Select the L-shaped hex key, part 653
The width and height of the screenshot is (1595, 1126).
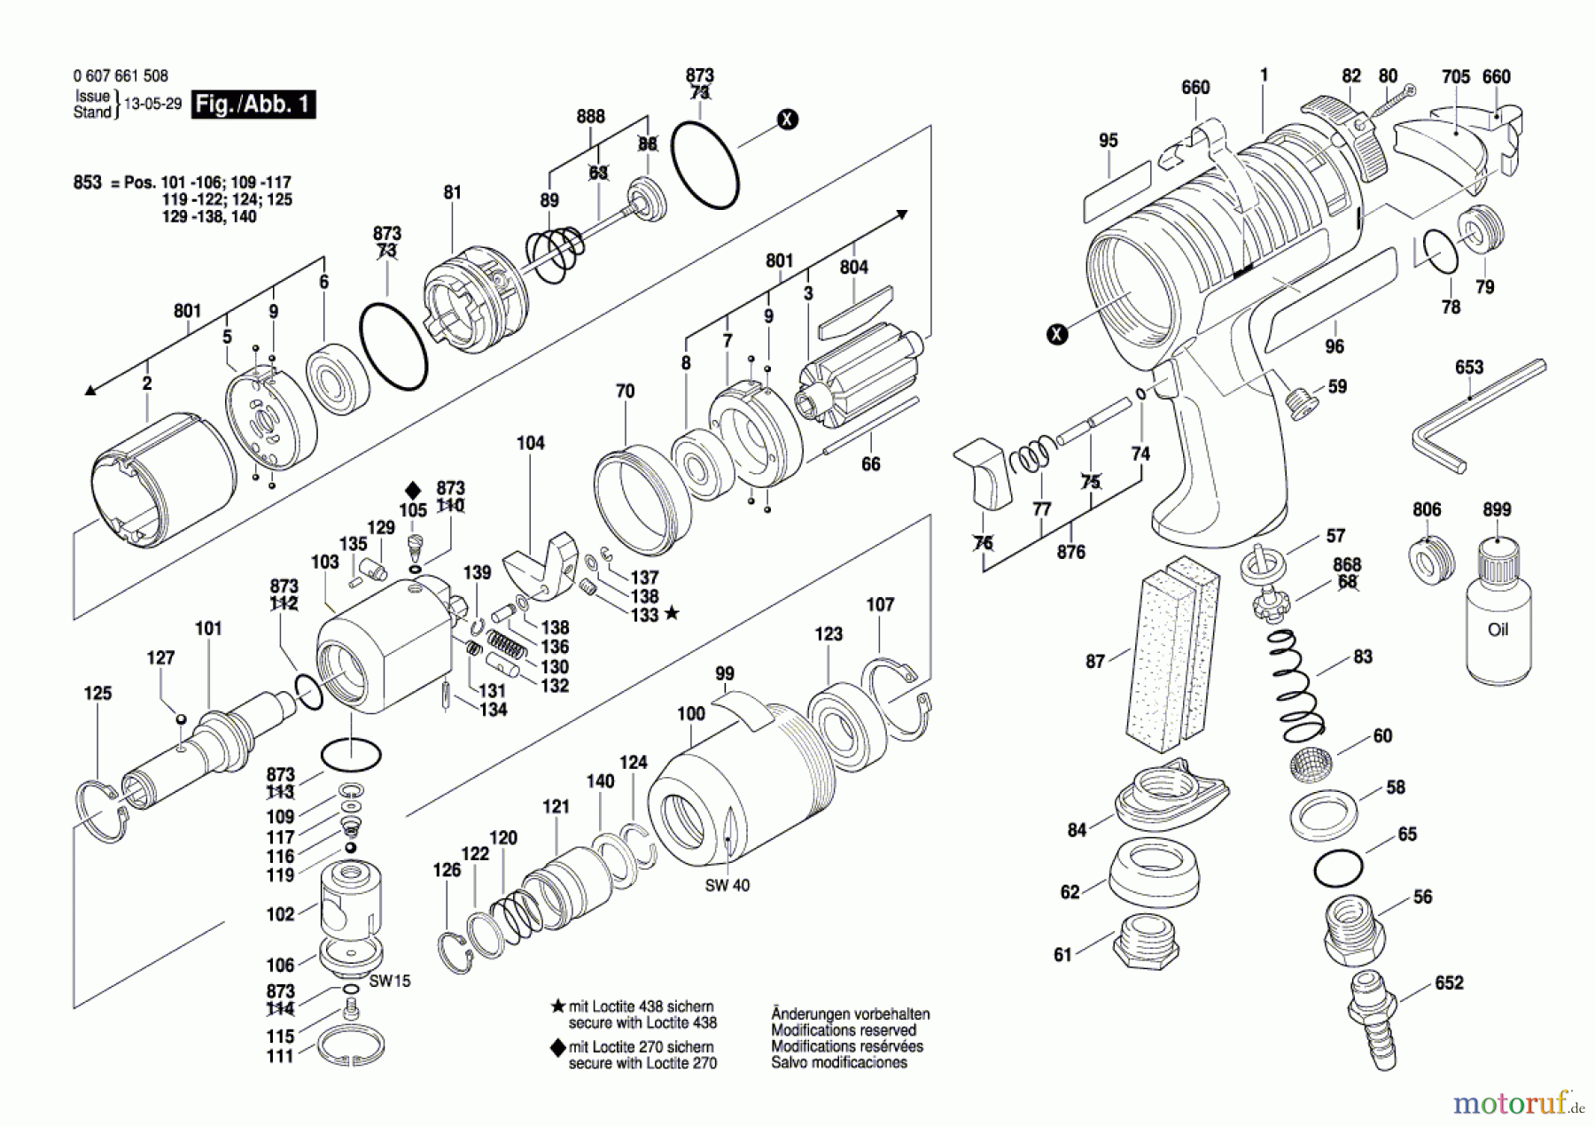1478,415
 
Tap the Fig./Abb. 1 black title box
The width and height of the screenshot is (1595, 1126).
253,105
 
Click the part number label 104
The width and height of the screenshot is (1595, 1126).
531,443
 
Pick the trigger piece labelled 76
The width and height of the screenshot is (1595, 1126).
983,473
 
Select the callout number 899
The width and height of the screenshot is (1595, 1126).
1497,509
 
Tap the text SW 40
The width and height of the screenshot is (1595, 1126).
727,885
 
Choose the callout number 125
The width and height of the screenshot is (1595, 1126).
97,693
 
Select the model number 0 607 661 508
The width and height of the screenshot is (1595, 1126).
121,76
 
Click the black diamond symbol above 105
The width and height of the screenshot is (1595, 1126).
413,490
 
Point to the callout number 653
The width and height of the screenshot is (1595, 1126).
1469,367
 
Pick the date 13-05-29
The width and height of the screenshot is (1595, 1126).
152,104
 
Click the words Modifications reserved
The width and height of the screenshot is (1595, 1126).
844,1030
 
